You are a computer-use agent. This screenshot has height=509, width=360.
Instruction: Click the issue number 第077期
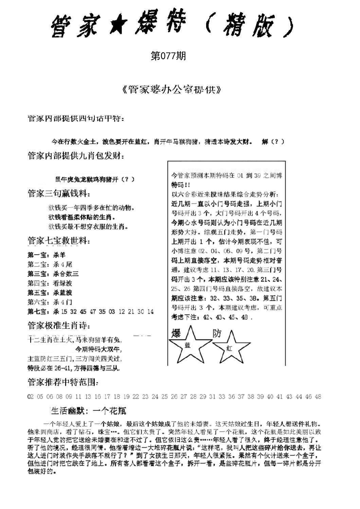(x=168, y=56)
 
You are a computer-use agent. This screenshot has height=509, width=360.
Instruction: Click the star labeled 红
(x=230, y=347)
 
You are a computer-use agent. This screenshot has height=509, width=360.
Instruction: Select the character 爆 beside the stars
(x=176, y=334)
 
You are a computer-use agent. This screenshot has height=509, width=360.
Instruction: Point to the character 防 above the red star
(x=217, y=333)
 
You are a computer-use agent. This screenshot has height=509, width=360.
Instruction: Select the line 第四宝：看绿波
(x=50, y=283)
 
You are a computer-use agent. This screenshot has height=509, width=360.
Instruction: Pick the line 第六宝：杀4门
(x=50, y=302)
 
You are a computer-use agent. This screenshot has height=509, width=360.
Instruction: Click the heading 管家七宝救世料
(x=58, y=241)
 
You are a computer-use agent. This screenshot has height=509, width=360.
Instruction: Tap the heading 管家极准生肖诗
(x=58, y=326)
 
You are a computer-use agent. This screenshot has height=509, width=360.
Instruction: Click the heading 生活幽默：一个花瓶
(x=89, y=411)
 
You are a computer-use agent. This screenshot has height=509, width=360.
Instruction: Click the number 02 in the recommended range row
(x=31, y=396)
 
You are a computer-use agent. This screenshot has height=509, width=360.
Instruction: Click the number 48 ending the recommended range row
(x=318, y=396)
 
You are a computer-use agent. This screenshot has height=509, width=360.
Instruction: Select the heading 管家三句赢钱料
(x=58, y=194)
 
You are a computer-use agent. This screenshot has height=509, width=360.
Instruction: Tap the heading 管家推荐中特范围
(x=63, y=382)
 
